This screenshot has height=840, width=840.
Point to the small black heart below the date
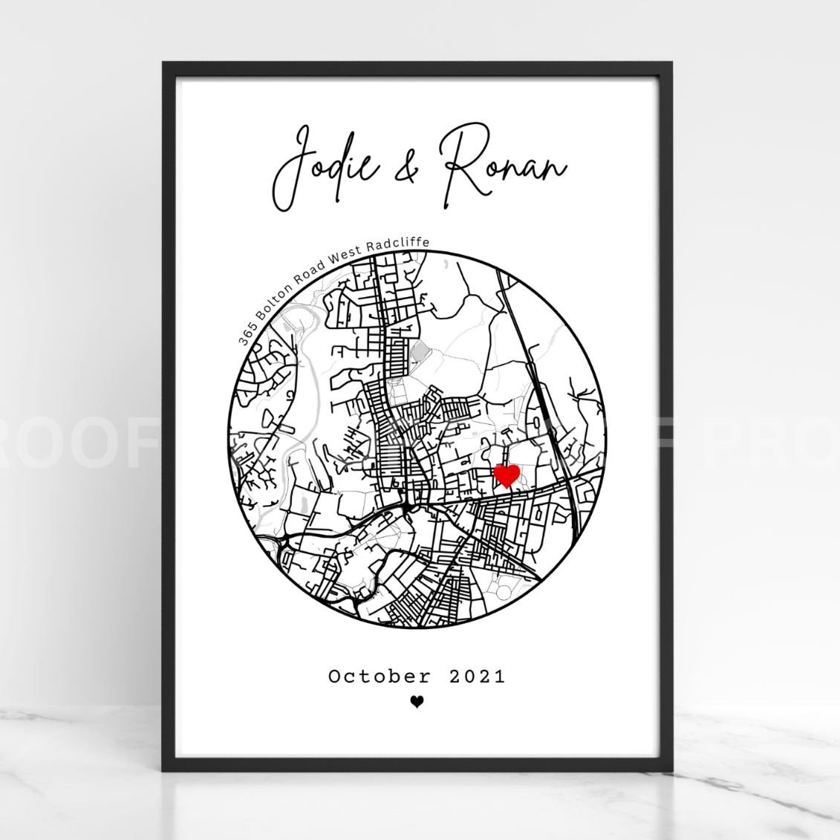tap(417, 702)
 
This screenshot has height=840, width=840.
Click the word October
tap(380, 677)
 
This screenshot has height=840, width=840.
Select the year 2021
tap(478, 677)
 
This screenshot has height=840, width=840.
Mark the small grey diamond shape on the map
tap(420, 351)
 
